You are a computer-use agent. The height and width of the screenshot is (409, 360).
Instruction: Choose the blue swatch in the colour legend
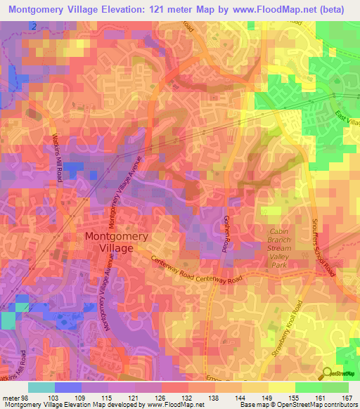pyautogui.click(x=67, y=387)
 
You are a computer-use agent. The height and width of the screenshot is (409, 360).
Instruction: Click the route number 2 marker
pyautogui.click(x=33, y=26)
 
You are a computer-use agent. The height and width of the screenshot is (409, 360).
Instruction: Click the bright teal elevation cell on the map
pyautogui.click(x=7, y=320)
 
